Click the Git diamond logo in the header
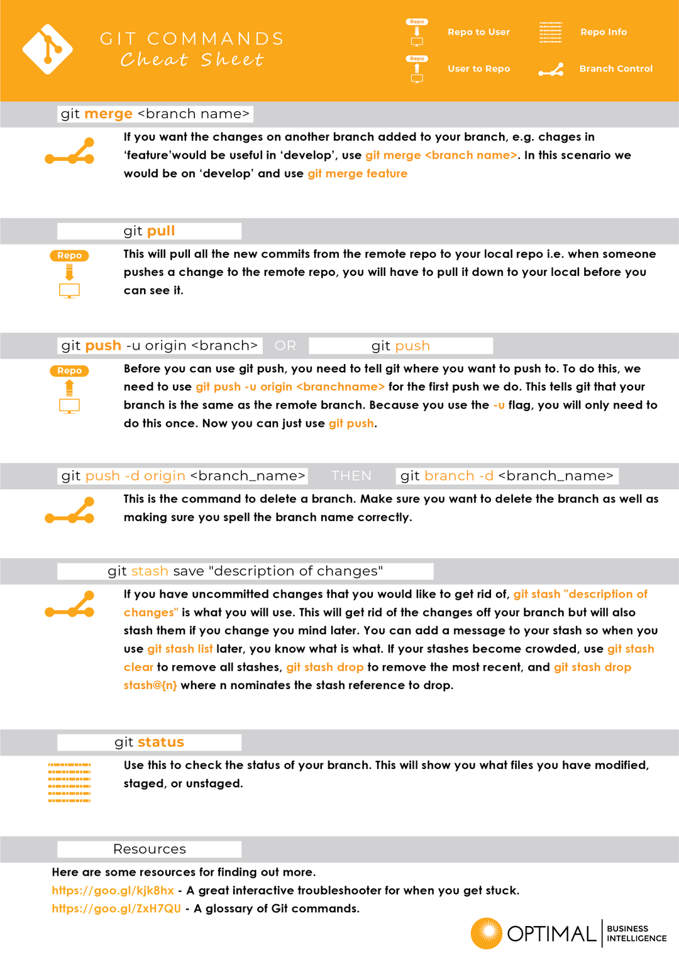[x=48, y=49]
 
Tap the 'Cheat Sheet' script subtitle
[x=192, y=60]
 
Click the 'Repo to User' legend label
[x=479, y=32]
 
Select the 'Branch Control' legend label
[x=616, y=69]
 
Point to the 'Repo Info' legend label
[x=604, y=32]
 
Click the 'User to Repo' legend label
[x=479, y=69]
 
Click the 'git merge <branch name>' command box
[x=155, y=114]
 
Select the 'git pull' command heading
[x=149, y=231]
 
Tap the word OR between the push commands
[x=285, y=345]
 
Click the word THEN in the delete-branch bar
[x=351, y=476]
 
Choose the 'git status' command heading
[x=149, y=742]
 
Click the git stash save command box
[x=245, y=571]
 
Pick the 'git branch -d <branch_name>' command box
[x=507, y=476]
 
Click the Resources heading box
[x=149, y=849]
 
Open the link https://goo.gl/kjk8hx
[x=113, y=891]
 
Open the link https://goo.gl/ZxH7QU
[x=116, y=908]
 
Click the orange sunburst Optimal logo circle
[x=487, y=933]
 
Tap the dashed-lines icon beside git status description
[x=69, y=782]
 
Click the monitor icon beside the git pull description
[x=69, y=290]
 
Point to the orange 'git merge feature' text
[x=358, y=174]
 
